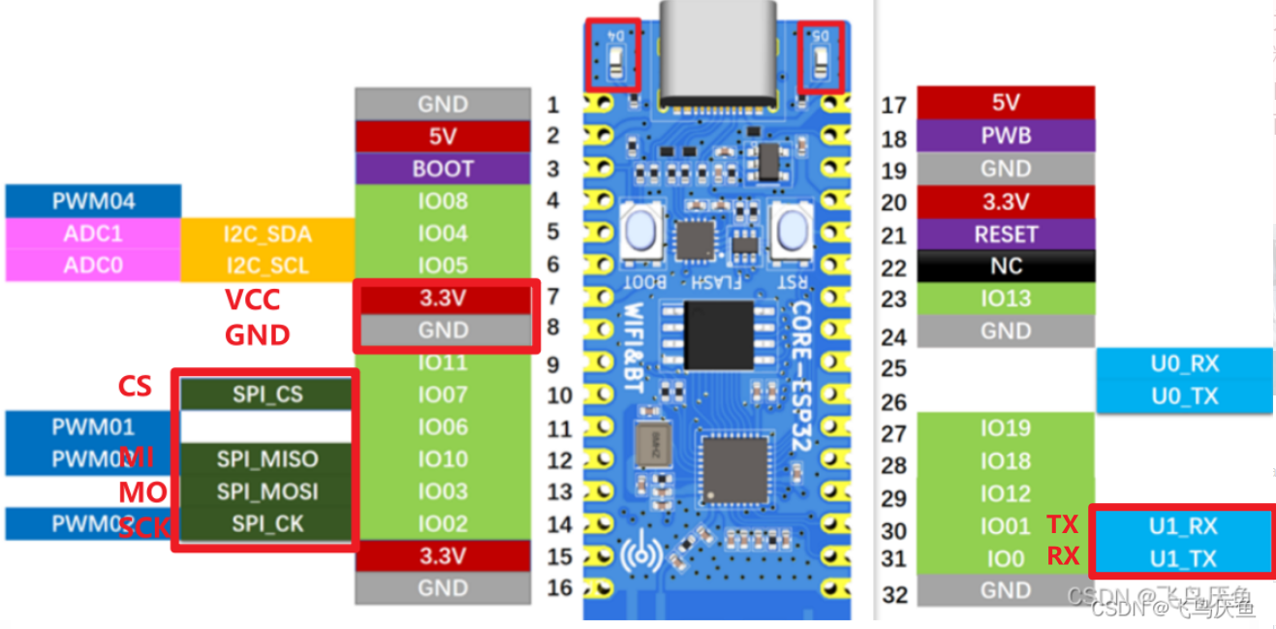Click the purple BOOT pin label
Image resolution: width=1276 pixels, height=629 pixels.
click(443, 169)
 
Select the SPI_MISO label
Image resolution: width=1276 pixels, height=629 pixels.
click(267, 459)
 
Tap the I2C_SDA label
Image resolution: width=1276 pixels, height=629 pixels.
click(267, 234)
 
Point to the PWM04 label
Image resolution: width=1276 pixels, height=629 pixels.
click(93, 202)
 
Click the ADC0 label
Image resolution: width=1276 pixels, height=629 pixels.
click(93, 265)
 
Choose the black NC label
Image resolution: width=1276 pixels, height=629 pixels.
click(1006, 267)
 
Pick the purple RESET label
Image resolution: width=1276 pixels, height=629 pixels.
click(1006, 235)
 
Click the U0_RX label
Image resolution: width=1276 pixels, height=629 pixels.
click(1184, 364)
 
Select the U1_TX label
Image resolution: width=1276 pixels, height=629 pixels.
click(1183, 558)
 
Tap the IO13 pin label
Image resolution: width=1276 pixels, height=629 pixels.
click(1006, 299)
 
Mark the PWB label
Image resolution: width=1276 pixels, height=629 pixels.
click(1006, 136)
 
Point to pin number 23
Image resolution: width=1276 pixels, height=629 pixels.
click(893, 300)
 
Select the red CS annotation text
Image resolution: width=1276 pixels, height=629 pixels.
click(135, 387)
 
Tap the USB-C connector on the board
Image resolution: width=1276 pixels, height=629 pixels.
click(718, 53)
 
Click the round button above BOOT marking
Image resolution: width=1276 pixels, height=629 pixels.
click(641, 233)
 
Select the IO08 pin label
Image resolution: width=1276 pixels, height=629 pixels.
click(443, 202)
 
